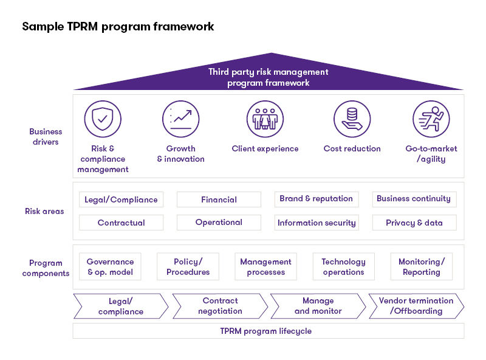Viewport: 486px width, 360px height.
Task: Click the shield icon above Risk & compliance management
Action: pos(103,119)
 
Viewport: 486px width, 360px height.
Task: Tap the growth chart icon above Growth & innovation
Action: pos(181,119)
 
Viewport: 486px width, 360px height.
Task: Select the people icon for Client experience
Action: pos(265,119)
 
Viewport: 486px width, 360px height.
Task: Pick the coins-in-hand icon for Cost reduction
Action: pos(352,119)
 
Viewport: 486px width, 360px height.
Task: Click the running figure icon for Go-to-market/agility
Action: pos(431,119)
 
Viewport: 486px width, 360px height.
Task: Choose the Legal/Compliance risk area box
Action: pos(121,199)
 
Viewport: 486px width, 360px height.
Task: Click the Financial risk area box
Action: pos(219,199)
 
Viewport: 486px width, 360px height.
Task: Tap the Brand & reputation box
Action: pos(316,199)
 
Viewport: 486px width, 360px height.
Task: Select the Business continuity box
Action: pos(414,199)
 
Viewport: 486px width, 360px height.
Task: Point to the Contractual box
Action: pos(121,223)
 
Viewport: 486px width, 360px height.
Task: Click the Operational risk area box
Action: pos(219,223)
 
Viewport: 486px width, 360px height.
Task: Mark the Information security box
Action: pos(316,223)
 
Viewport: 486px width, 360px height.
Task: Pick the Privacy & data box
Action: pos(414,223)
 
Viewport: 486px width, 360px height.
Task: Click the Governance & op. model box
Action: pos(110,267)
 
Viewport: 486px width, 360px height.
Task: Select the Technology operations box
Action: pos(343,267)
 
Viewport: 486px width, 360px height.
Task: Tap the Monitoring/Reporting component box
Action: pos(421,267)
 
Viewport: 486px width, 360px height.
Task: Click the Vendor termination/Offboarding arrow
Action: pos(416,306)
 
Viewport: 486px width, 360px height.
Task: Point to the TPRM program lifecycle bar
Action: pos(268,331)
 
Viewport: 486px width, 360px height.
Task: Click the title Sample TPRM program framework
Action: pos(118,27)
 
